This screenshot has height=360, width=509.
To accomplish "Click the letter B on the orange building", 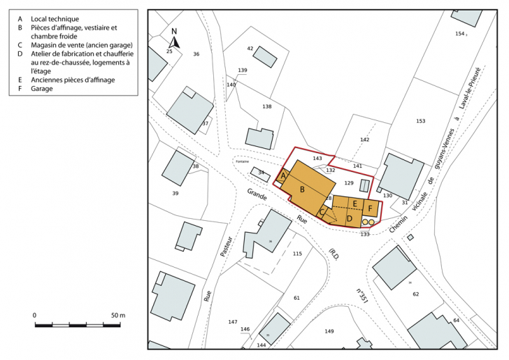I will [x=302, y=189].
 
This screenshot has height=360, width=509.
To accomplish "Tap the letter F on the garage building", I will [x=370, y=208].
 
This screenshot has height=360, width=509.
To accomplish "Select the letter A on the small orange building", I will [x=282, y=177].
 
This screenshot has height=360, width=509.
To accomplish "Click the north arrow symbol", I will [x=175, y=40].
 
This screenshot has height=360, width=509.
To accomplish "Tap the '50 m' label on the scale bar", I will [x=117, y=316].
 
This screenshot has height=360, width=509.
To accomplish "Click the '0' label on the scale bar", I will [x=35, y=316].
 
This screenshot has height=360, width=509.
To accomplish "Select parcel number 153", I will [x=420, y=121].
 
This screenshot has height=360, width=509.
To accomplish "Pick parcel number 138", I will [x=266, y=106].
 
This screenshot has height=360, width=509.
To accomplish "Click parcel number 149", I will [x=329, y=331].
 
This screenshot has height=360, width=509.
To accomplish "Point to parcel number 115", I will [x=297, y=253].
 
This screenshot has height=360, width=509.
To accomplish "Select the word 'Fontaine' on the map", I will [x=243, y=161].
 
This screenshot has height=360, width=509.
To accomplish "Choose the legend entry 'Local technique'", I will [x=55, y=18].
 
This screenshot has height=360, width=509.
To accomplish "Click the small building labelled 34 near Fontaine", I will [x=261, y=172].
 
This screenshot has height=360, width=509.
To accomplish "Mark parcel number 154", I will [x=459, y=34].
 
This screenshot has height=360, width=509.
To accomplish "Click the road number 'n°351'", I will [x=362, y=292].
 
